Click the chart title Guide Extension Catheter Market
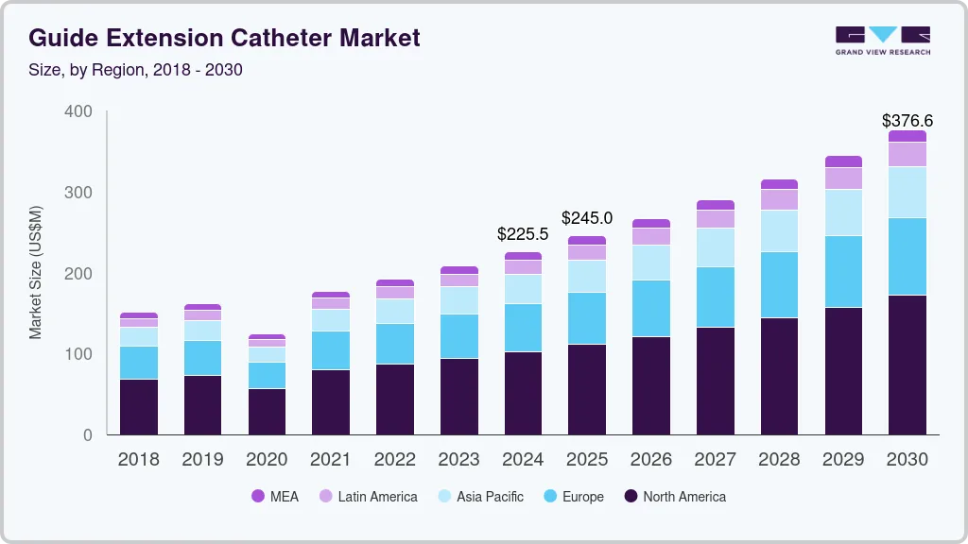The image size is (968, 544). pyautogui.click(x=224, y=38)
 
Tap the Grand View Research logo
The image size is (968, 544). pyautogui.click(x=882, y=40)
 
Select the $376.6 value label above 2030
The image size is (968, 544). pyautogui.click(x=907, y=120)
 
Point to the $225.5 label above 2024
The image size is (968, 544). pyautogui.click(x=523, y=234)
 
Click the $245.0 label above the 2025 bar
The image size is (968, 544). pyautogui.click(x=587, y=218)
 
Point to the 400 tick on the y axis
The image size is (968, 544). pyautogui.click(x=79, y=111)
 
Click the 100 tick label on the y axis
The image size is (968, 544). pyautogui.click(x=79, y=354)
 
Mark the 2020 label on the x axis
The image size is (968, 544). pyautogui.click(x=267, y=460)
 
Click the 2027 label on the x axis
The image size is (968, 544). pyautogui.click(x=715, y=460)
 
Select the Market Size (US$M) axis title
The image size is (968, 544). pyautogui.click(x=36, y=272)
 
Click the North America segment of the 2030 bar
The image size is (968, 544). pyautogui.click(x=907, y=365)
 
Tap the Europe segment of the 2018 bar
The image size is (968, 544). pyautogui.click(x=138, y=363)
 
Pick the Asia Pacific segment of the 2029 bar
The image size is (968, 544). pyautogui.click(x=843, y=212)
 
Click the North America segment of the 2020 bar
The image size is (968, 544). pyautogui.click(x=267, y=412)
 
